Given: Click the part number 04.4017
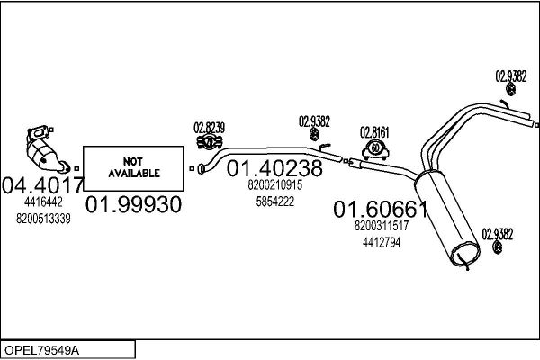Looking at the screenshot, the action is pyautogui.click(x=42, y=185).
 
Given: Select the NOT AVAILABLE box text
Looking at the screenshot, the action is pyautogui.click(x=133, y=167).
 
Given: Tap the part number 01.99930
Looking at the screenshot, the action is pyautogui.click(x=133, y=204).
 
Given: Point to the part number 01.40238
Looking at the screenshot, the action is pyautogui.click(x=274, y=168).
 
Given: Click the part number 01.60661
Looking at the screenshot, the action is pyautogui.click(x=381, y=209).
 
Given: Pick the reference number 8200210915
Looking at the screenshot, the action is pyautogui.click(x=274, y=185).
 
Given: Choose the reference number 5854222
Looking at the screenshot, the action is pyautogui.click(x=274, y=202).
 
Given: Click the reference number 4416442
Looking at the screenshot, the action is pyautogui.click(x=43, y=202).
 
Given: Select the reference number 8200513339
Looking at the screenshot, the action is pyautogui.click(x=43, y=219).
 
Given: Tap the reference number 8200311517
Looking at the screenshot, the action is pyautogui.click(x=382, y=226).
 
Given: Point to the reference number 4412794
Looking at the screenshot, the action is pyautogui.click(x=382, y=242).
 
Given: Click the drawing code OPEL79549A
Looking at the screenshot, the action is pyautogui.click(x=41, y=350).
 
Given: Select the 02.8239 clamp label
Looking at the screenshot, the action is pyautogui.click(x=209, y=128).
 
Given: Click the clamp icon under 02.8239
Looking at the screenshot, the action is pyautogui.click(x=210, y=142).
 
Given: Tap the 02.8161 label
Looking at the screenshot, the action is pyautogui.click(x=374, y=132).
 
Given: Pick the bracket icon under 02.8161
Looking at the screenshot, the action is pyautogui.click(x=375, y=149).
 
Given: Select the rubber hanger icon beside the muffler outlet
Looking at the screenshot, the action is pyautogui.click(x=498, y=247).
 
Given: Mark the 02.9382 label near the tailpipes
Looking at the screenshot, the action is pyautogui.click(x=510, y=76).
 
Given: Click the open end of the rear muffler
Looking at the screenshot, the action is pyautogui.click(x=465, y=254).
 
